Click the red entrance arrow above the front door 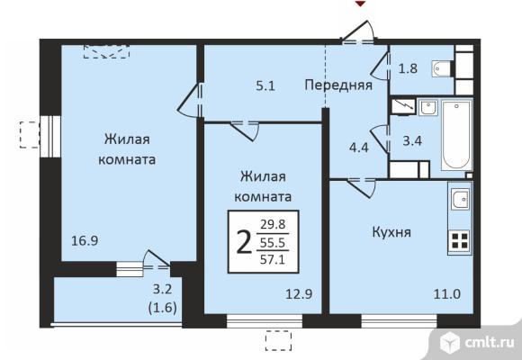tap(360, 4)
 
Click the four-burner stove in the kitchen tap(460, 240)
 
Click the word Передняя tap(337, 86)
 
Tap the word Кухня tap(366, 232)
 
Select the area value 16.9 tap(85, 240)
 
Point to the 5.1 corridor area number tap(265, 87)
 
